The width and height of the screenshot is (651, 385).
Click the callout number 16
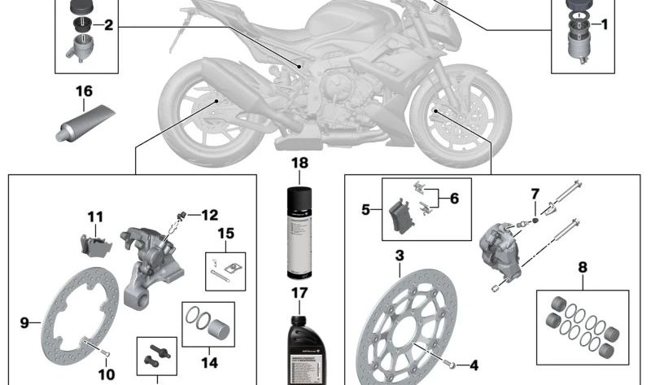click(85, 90)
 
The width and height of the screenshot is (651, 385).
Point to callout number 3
click(400, 256)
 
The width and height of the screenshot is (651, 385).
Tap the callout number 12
click(209, 216)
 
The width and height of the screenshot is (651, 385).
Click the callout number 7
click(535, 194)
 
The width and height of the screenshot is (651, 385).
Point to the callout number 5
click(366, 209)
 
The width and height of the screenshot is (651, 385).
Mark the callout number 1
click(604, 25)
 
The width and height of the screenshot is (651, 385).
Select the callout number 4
click(472, 365)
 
